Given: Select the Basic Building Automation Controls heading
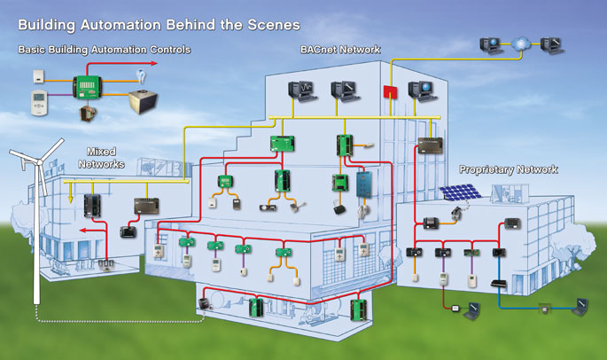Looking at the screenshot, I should coord(105,49).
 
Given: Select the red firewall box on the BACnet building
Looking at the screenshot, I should coord(388,92).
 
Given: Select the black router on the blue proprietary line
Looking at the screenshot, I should coord(501,283).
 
